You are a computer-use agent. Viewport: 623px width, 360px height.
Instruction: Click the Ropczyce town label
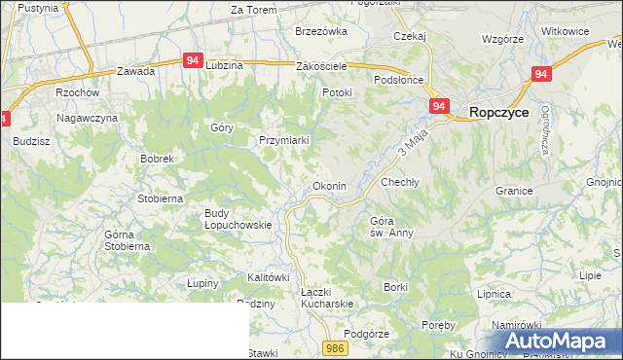pyautogui.click(x=499, y=113)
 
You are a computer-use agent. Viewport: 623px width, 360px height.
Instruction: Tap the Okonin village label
pyautogui.click(x=329, y=186)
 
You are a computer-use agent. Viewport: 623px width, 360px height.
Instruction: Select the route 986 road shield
pyautogui.click(x=336, y=347)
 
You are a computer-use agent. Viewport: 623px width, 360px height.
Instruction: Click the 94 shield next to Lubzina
pyautogui.click(x=192, y=60)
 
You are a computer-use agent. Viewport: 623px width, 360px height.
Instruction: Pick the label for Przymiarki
pyautogui.click(x=283, y=140)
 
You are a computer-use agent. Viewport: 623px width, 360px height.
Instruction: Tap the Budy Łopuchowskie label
pyautogui.click(x=238, y=219)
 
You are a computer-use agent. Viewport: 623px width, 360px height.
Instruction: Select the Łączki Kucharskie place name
pyautogui.click(x=326, y=297)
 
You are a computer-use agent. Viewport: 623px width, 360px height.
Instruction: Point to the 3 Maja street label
pyautogui.click(x=413, y=149)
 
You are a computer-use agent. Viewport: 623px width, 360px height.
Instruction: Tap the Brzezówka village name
pyautogui.click(x=321, y=31)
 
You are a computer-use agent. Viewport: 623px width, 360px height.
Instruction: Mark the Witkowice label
pyautogui.click(x=566, y=31)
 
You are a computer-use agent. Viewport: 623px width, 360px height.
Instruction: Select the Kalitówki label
pyautogui.click(x=270, y=277)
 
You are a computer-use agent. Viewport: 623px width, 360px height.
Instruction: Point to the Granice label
pyautogui.click(x=514, y=191)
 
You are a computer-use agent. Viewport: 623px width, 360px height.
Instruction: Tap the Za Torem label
pyautogui.click(x=254, y=10)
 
